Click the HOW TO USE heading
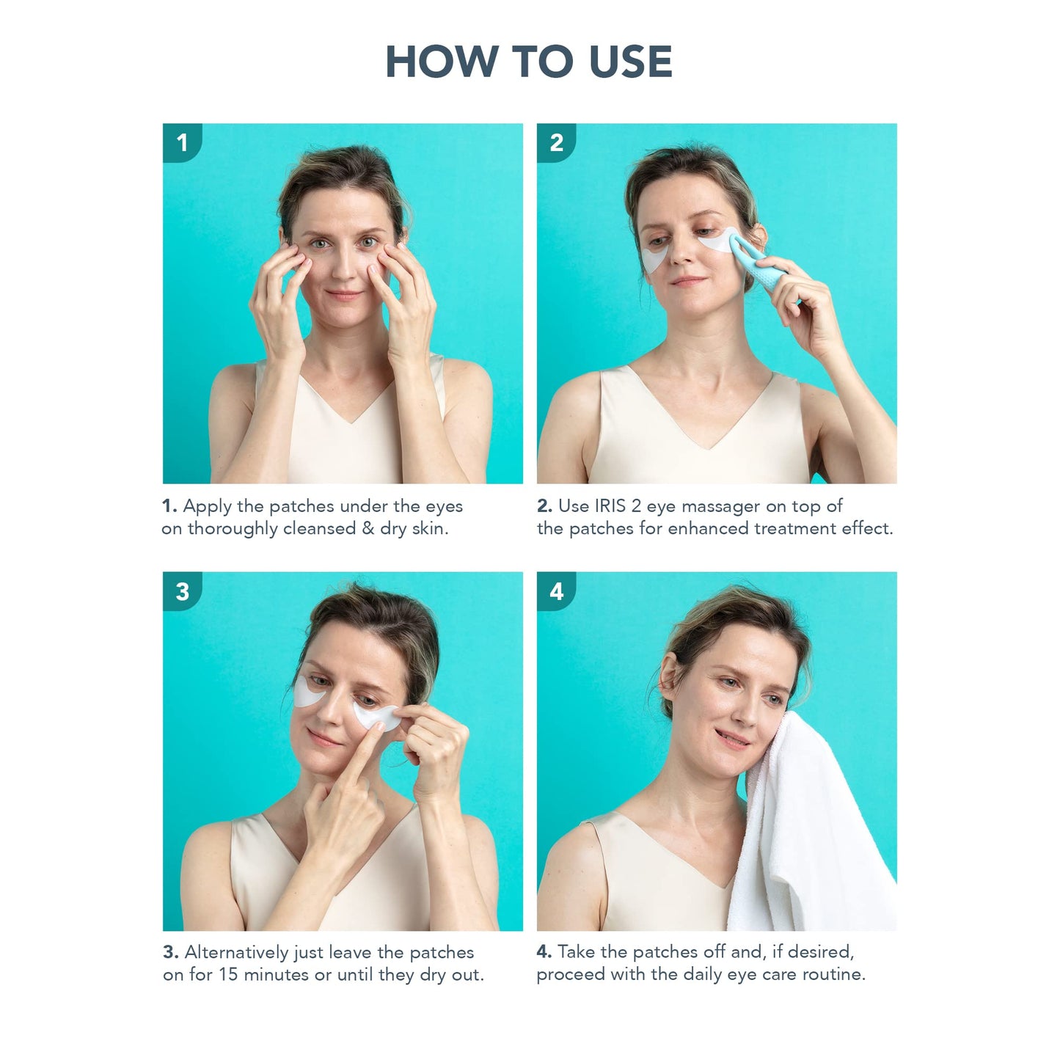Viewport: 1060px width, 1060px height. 529,62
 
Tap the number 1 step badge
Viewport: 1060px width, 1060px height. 182,142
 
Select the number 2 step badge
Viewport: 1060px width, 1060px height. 556,142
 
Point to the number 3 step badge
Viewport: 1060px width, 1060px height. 182,591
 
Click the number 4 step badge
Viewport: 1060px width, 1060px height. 556,591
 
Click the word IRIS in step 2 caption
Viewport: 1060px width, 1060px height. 610,506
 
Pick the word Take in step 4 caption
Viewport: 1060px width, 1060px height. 577,952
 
